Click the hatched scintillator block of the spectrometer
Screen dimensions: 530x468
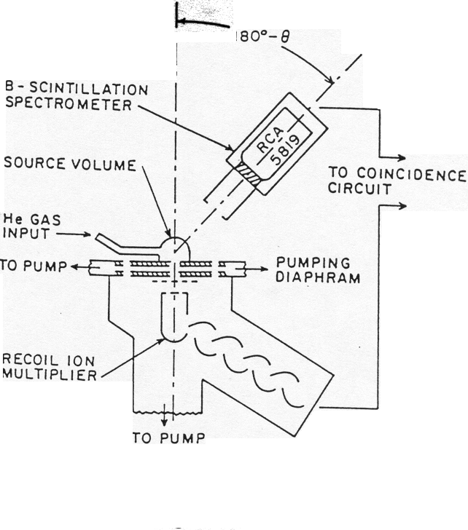point(247,174)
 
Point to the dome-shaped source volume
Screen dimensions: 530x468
point(176,245)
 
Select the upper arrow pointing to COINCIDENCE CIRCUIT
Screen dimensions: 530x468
point(398,157)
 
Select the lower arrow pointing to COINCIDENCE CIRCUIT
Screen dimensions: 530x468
point(398,206)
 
